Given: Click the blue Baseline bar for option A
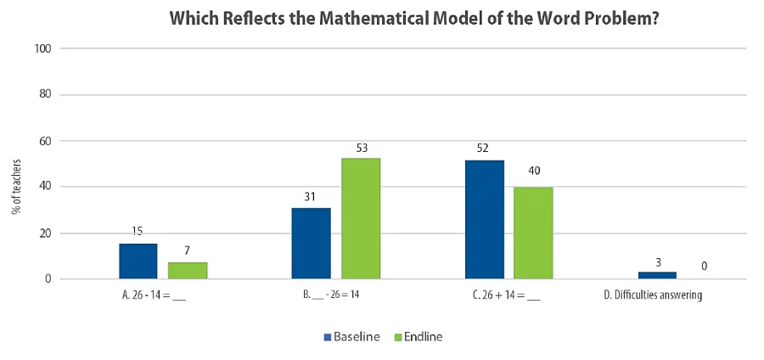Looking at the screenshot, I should (x=138, y=262).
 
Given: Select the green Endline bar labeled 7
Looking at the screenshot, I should (x=188, y=270).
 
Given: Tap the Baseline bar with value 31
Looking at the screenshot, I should (x=311, y=243).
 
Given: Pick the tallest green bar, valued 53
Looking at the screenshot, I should (x=361, y=218).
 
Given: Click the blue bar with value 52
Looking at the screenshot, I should (x=484, y=219).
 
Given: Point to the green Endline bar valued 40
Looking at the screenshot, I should (x=533, y=233).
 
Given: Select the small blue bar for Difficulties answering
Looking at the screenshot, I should (x=657, y=275).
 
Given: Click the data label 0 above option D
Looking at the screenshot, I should (x=705, y=266).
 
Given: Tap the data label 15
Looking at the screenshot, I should (x=138, y=231).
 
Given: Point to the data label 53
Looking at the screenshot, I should (x=361, y=147).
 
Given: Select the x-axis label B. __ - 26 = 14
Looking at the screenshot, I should (x=335, y=296).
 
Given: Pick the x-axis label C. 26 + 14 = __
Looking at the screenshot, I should (x=508, y=296).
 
